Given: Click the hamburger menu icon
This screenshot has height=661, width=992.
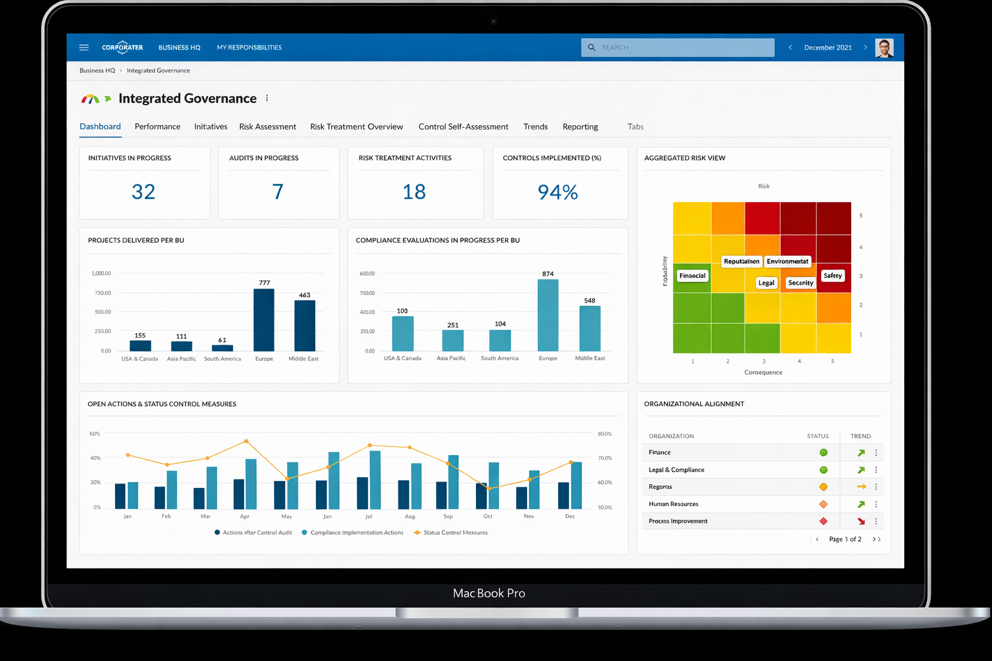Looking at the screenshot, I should click(84, 47).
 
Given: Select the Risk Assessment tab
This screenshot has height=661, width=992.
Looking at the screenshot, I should click(267, 127).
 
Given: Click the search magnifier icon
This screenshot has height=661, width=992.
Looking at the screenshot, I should click(592, 47).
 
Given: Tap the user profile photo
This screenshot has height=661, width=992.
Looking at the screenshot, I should click(884, 48).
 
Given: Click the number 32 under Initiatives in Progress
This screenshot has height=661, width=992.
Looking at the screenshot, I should click(143, 192).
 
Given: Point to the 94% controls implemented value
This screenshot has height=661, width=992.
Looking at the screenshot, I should click(557, 192).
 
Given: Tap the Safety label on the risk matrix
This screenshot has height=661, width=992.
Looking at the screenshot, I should click(832, 276).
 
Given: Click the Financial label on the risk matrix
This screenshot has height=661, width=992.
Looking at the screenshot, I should click(692, 276).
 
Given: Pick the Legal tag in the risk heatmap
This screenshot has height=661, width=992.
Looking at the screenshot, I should click(766, 283).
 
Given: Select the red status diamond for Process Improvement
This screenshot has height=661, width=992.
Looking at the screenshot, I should click(823, 521).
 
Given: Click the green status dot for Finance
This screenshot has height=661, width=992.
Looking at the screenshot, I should click(823, 453).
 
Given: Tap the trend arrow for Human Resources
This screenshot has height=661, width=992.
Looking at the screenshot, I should click(861, 504).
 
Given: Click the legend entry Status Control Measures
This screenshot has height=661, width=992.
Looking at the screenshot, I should click(455, 533).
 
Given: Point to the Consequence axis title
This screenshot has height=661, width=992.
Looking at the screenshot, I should click(763, 372).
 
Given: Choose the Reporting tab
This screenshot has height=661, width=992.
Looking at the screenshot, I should click(580, 127).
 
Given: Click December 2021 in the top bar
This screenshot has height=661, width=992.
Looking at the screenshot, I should click(827, 48).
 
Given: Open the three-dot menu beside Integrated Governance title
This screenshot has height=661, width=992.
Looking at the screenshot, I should click(267, 98).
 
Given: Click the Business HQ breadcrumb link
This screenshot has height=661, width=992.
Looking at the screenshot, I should click(97, 70).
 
